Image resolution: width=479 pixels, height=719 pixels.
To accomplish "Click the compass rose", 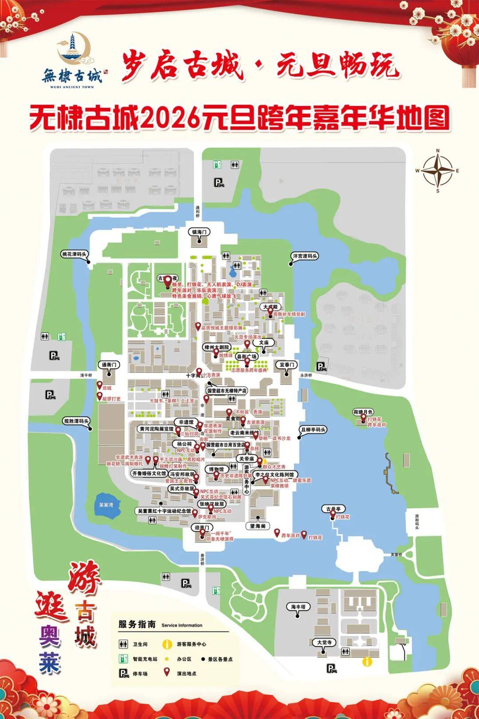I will (437, 171).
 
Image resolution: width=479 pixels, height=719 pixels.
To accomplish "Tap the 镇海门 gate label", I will (199, 232).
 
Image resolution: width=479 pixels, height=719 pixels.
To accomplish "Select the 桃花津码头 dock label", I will (74, 254).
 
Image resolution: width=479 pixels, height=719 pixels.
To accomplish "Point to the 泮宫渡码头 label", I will (305, 256).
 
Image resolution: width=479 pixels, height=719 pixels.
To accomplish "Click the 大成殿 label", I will (270, 307).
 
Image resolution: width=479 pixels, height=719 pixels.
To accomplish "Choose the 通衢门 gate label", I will (109, 365).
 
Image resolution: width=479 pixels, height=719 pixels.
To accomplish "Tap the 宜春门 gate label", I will (287, 365).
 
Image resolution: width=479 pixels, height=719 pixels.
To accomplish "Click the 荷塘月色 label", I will (363, 412).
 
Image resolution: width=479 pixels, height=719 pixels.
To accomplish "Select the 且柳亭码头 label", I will (313, 430).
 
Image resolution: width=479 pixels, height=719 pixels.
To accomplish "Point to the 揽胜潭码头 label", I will (76, 421).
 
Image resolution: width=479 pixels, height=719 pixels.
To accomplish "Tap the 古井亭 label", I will (333, 509).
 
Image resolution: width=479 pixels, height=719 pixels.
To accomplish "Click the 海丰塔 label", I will (298, 607).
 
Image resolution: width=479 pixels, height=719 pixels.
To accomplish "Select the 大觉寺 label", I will (324, 642).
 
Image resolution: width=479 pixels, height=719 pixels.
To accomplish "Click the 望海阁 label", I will (258, 526).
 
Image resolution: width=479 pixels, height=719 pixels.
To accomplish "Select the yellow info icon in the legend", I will (167, 644).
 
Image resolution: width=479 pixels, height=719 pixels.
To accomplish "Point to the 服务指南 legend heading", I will (137, 624).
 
